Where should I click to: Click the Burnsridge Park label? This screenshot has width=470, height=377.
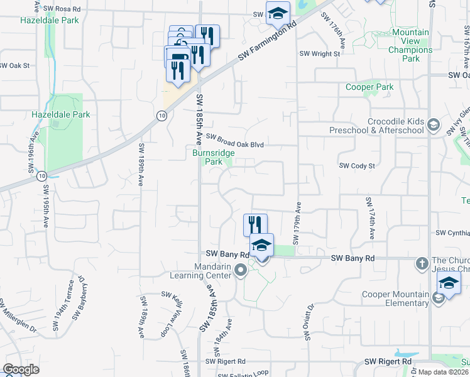click(x=214, y=156)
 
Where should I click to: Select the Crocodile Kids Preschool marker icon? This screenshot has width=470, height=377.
click(x=433, y=126)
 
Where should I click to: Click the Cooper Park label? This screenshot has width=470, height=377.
click(x=369, y=87)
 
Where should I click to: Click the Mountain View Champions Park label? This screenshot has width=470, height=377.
click(x=410, y=45)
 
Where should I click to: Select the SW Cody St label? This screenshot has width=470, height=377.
click(x=356, y=166)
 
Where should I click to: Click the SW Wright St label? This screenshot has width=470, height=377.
click(x=319, y=54)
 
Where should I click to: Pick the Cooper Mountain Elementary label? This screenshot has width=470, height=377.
click(x=395, y=298)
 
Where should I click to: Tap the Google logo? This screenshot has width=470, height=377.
click(x=21, y=369)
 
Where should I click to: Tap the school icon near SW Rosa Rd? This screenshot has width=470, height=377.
click(x=278, y=13)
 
